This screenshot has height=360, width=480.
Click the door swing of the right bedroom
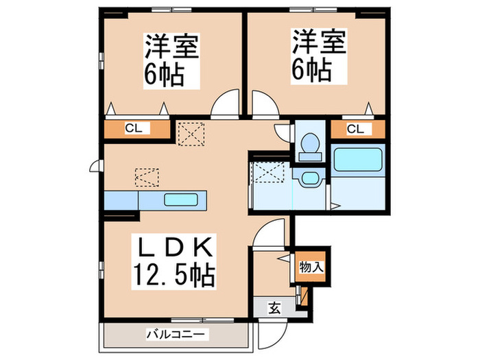coord(264,106)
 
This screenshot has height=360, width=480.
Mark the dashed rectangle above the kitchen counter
coord(146,178)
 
